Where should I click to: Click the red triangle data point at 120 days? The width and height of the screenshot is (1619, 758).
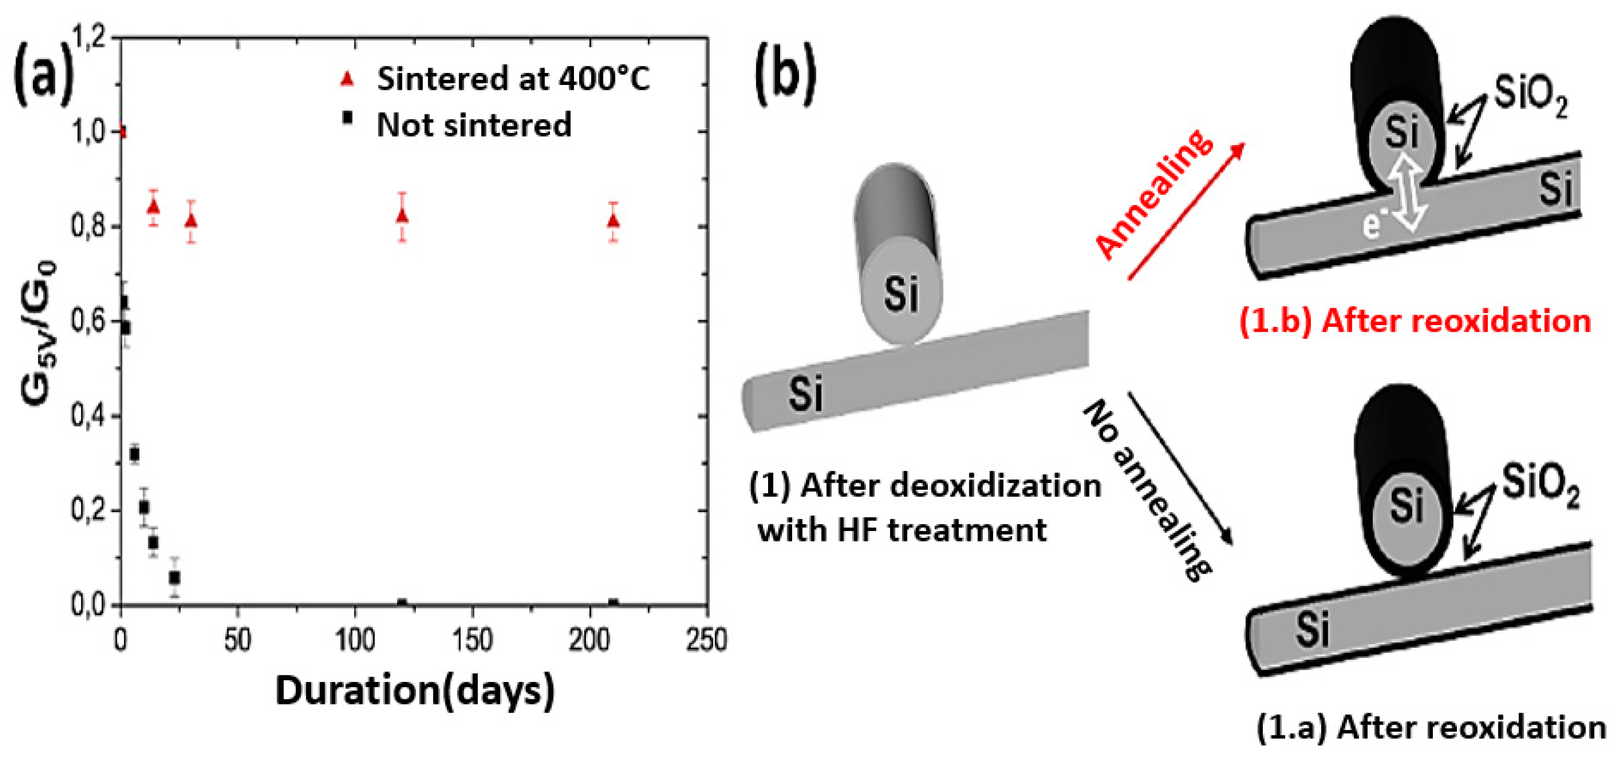coord(403,216)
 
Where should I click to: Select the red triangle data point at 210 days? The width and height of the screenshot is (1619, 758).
coord(614,221)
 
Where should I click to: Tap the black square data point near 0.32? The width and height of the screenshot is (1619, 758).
coord(134,454)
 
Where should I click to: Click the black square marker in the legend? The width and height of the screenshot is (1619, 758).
coord(347,117)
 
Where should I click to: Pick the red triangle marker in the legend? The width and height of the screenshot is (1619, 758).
coord(347,79)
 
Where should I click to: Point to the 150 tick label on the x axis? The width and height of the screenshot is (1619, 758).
coord(472,640)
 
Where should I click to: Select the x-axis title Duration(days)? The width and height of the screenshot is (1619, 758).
coord(415,691)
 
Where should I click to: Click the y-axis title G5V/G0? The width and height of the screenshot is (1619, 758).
coord(39,333)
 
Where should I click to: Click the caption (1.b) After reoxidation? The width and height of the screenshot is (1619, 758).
coord(1414,322)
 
